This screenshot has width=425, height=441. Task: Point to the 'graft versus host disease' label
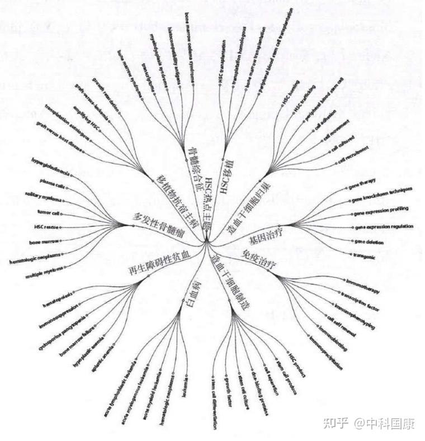click(x=62, y=136)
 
